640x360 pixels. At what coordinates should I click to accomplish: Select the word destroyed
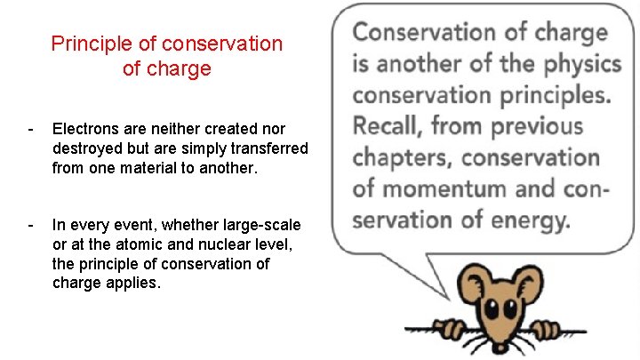88,148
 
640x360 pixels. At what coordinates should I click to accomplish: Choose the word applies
135,283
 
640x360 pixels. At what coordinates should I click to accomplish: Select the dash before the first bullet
31,130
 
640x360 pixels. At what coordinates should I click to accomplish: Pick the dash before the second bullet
31,225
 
